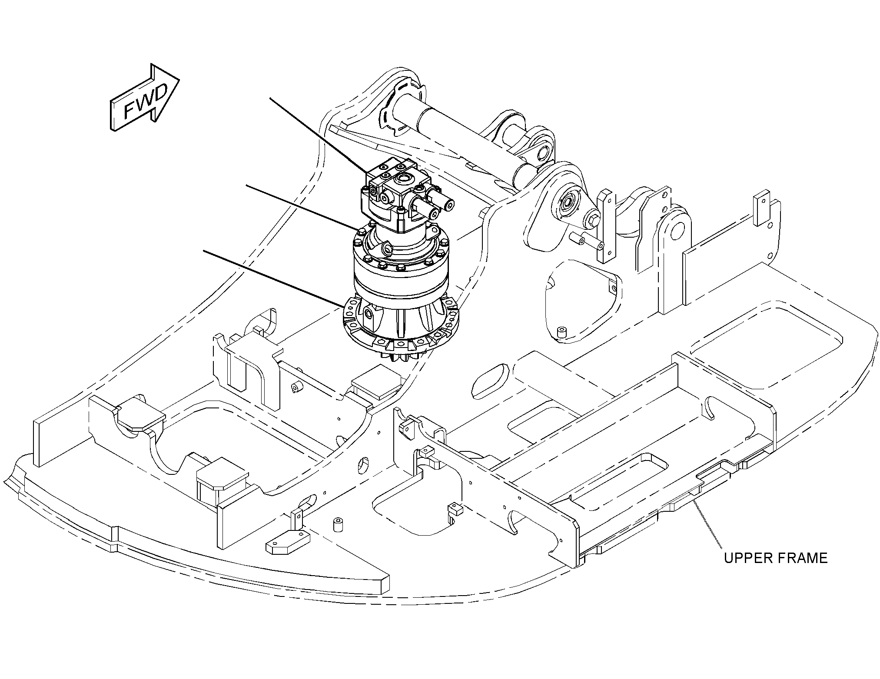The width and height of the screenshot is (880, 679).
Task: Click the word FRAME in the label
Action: coord(803,558)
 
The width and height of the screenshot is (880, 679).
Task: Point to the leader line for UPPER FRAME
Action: coord(707,524)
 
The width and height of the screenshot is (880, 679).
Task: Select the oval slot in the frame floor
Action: coord(491,381)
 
